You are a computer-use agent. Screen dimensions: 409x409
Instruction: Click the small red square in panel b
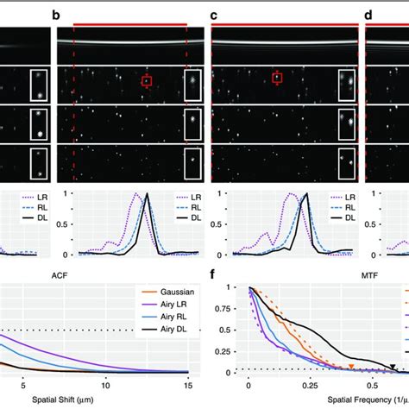click(x=147, y=81)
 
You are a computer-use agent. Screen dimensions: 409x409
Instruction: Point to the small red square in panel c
click(x=277, y=79)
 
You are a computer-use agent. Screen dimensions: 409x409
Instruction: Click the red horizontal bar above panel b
click(x=129, y=25)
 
